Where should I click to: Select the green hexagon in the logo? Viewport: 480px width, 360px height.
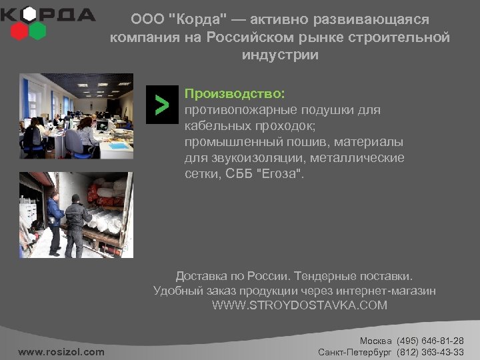[x=38, y=31]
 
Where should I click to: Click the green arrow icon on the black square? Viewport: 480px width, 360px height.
[x=162, y=105]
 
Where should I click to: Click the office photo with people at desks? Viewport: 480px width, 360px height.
[x=76, y=115]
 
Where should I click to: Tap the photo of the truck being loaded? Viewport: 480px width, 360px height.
[x=76, y=215]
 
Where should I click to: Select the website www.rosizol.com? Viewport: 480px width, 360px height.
[x=61, y=351]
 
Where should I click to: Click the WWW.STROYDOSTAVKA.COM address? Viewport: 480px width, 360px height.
[x=299, y=305]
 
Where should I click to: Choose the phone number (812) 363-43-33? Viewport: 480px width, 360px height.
[x=430, y=351]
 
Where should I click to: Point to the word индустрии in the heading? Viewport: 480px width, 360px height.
[x=280, y=55]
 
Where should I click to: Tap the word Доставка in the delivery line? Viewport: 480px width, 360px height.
[x=201, y=275]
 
